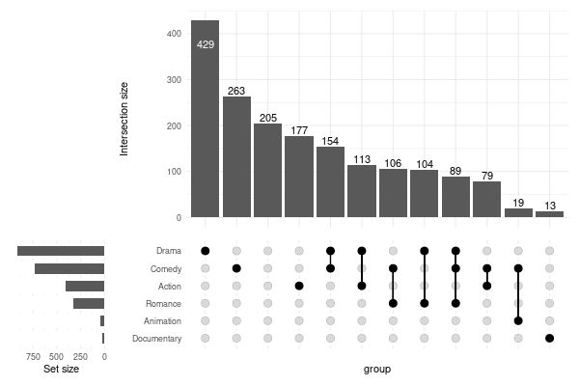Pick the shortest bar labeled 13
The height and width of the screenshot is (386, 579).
click(x=549, y=214)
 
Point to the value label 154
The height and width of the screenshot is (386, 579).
click(x=330, y=141)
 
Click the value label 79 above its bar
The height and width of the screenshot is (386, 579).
click(x=486, y=176)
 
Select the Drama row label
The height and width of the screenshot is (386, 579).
click(x=169, y=251)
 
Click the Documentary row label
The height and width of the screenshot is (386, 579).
click(x=156, y=338)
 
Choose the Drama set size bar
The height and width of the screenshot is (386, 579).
click(x=61, y=251)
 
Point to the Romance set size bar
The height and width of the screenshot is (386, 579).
click(x=89, y=303)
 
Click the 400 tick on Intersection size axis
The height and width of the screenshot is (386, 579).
click(x=174, y=34)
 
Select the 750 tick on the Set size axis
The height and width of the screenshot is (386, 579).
click(x=29, y=355)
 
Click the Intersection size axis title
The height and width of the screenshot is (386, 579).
click(x=124, y=120)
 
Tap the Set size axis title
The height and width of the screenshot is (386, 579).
click(x=63, y=369)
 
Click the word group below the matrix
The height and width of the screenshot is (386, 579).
click(x=376, y=369)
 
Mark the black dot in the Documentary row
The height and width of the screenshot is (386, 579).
click(x=549, y=338)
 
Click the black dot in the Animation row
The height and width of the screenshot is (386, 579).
click(x=518, y=320)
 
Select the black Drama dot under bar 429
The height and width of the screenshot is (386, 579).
click(x=205, y=251)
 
